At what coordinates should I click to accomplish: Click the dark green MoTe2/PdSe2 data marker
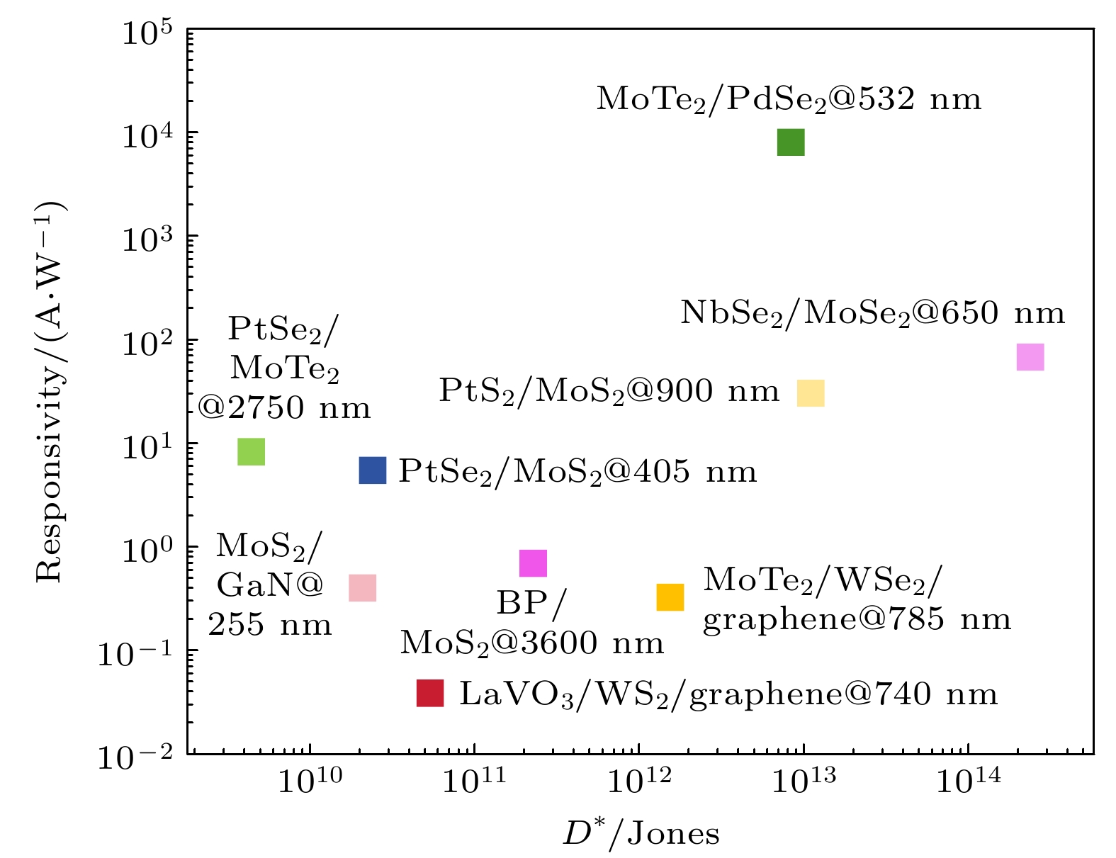click(791, 142)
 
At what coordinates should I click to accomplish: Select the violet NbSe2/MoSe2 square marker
click(1030, 357)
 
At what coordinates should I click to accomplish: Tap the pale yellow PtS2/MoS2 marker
click(811, 393)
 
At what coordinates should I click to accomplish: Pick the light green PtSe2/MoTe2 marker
click(251, 451)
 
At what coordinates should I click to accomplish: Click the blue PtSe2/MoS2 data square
click(373, 470)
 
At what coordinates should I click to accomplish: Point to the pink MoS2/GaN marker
click(362, 587)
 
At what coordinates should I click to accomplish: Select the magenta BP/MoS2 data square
click(533, 564)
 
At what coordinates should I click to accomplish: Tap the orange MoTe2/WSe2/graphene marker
click(670, 597)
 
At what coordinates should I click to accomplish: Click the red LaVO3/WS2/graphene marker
click(430, 693)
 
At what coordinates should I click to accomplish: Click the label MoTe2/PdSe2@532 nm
click(789, 100)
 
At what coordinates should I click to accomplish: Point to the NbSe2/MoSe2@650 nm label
click(872, 313)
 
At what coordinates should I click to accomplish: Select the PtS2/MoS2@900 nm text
click(609, 391)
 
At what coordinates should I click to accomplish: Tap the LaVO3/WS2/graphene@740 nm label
click(728, 694)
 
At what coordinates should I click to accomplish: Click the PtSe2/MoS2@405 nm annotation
click(577, 472)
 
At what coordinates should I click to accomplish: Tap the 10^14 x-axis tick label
click(968, 781)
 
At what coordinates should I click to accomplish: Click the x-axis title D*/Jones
click(641, 834)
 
